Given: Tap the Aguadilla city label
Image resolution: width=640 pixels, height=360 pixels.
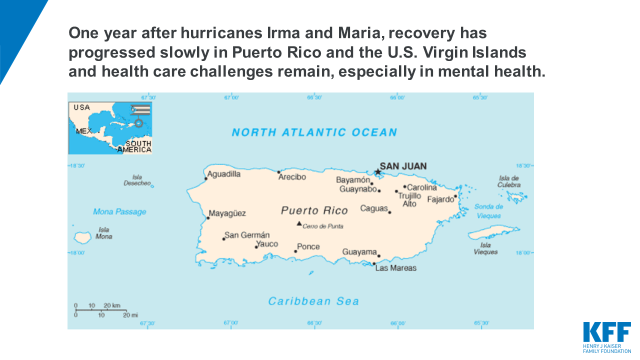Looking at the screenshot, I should click(x=223, y=174).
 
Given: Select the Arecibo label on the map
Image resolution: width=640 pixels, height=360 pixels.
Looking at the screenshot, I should click(x=292, y=177).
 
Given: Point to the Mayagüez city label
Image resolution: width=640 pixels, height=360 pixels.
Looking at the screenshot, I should click(x=227, y=213).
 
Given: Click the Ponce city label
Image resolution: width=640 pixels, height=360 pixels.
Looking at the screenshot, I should click(x=309, y=247).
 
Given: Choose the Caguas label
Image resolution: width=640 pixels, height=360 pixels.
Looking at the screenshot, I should click(x=374, y=209).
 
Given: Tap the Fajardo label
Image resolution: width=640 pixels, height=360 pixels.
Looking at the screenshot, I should click(x=441, y=198).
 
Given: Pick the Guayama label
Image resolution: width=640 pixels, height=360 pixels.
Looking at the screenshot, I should click(x=360, y=251).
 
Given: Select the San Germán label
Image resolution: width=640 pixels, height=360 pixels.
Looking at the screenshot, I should click(x=247, y=235).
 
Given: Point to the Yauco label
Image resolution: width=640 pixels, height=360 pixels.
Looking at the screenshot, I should click(x=267, y=244).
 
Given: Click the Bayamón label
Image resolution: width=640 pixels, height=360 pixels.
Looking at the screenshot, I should click(x=353, y=180).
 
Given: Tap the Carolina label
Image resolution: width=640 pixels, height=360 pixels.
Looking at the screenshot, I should click(x=422, y=187).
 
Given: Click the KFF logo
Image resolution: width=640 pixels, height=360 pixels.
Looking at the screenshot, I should click(x=605, y=335).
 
